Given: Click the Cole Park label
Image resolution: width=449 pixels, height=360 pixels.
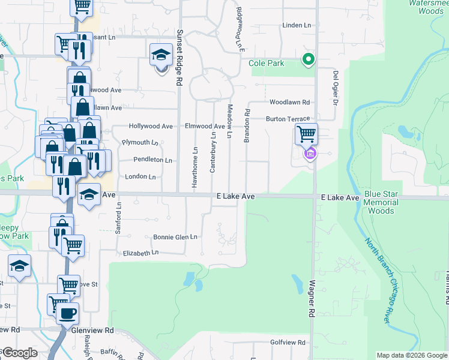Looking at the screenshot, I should (x=266, y=63).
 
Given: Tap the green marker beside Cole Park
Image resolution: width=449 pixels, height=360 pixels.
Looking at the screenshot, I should (x=309, y=59).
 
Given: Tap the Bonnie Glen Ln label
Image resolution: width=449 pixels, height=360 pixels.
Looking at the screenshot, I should (x=175, y=237).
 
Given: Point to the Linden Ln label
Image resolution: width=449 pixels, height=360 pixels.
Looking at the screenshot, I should (x=298, y=25).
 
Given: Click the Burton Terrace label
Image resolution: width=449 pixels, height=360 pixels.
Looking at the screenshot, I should (x=288, y=119).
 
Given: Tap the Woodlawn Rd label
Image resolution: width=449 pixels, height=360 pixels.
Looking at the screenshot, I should (x=289, y=103).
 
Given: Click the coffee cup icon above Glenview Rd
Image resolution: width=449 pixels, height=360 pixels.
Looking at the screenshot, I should (x=67, y=313).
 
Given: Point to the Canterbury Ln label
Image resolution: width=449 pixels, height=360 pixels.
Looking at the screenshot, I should (x=212, y=152).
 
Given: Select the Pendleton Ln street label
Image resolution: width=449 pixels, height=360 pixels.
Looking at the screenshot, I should (x=153, y=160).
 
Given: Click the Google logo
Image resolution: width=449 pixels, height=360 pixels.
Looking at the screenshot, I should (x=19, y=353).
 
